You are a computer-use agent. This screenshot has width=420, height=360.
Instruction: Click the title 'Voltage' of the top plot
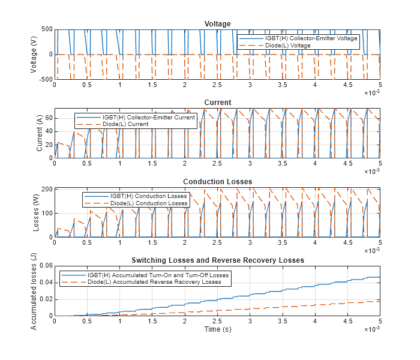(217, 24)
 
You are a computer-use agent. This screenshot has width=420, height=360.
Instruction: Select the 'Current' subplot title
(217, 103)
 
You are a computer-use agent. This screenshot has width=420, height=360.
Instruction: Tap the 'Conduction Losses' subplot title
(217, 182)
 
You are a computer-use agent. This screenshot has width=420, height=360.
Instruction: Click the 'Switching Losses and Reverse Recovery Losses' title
(217, 260)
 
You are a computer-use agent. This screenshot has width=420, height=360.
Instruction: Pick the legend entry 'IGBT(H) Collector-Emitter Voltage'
(311, 38)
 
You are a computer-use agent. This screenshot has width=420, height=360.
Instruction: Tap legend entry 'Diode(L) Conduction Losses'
(149, 203)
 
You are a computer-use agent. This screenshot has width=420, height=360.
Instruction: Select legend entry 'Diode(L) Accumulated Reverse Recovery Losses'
(154, 282)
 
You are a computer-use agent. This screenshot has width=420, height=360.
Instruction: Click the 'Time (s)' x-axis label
(217, 329)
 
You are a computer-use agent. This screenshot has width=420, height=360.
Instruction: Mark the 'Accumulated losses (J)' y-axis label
(34, 290)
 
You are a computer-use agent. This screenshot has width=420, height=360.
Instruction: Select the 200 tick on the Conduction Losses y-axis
(46, 189)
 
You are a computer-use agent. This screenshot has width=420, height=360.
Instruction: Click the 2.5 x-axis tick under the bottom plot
(217, 322)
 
